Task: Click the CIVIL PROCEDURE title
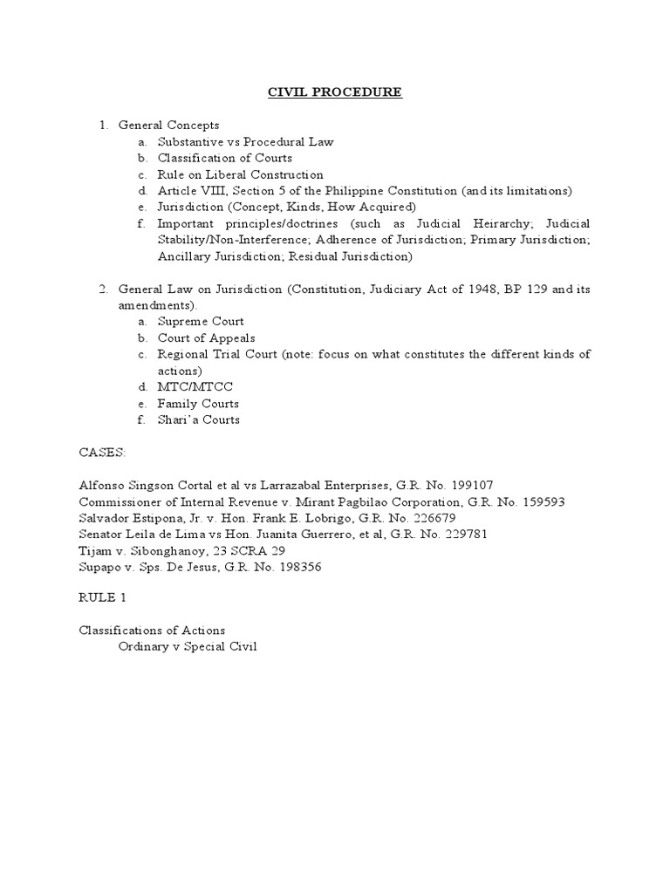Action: pyautogui.click(x=335, y=92)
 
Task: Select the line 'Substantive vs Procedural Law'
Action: pyautogui.click(x=245, y=141)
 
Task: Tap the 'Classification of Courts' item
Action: pyautogui.click(x=224, y=158)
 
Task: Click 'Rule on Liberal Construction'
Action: pyautogui.click(x=240, y=174)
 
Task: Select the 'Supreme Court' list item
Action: pyautogui.click(x=201, y=322)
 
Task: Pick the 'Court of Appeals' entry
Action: pyautogui.click(x=206, y=338)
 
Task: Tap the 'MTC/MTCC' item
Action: pyautogui.click(x=195, y=387)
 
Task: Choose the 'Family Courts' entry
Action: pyautogui.click(x=198, y=404)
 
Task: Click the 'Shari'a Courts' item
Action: pyautogui.click(x=198, y=420)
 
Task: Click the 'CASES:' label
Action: pyautogui.click(x=102, y=453)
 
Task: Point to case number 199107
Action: pyautogui.click(x=472, y=486)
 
